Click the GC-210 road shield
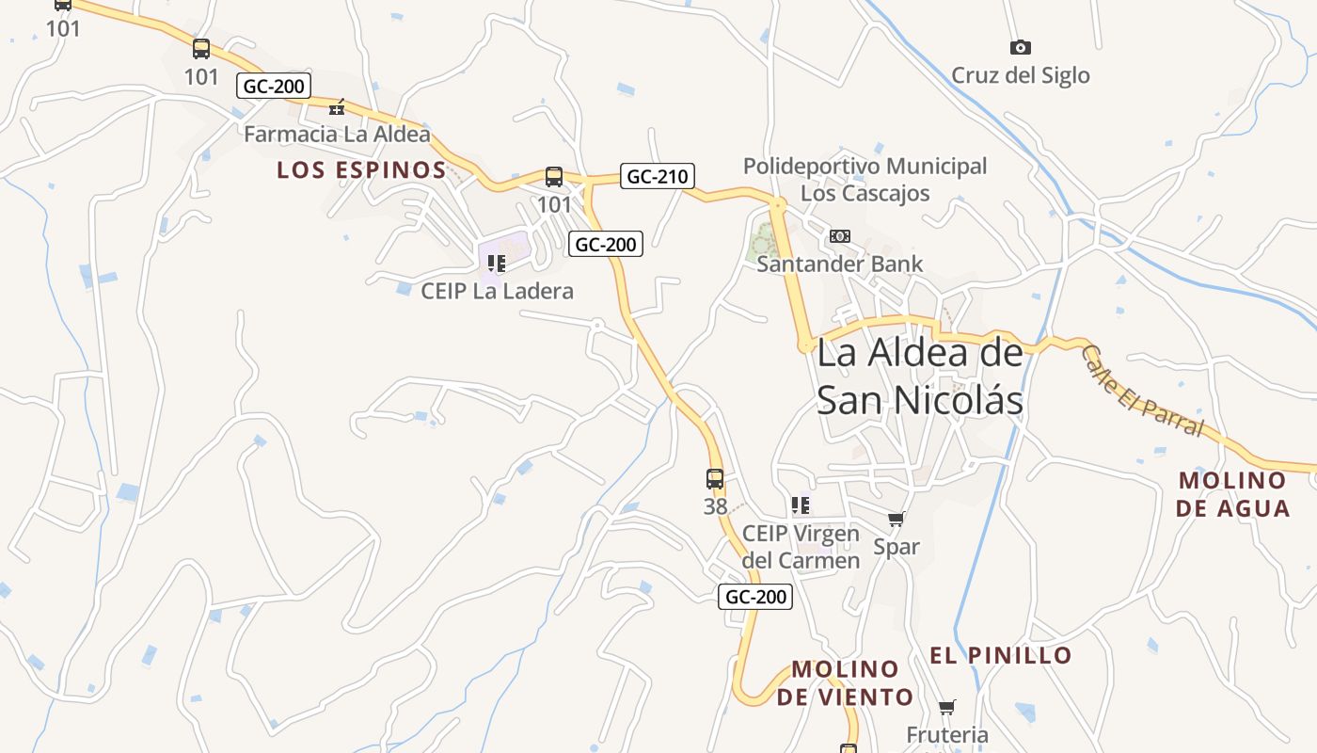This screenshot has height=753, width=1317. [658, 176]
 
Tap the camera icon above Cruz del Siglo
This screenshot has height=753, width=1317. [1020, 47]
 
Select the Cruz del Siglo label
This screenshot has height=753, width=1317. [1020, 75]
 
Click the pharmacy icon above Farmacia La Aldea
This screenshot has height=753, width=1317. [337, 107]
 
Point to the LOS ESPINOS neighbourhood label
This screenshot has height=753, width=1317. [361, 170]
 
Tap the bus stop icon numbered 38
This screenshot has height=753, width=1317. [715, 479]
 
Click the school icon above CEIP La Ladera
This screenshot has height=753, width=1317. [497, 264]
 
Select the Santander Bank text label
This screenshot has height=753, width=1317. [840, 264]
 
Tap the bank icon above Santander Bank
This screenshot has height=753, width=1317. [840, 236]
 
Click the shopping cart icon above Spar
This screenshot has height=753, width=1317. [897, 519]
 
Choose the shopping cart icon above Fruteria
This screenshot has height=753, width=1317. [947, 707]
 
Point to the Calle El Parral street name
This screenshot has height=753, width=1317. [1142, 391]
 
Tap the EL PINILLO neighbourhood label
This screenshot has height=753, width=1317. [1001, 655]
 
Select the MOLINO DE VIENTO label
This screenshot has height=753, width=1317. [845, 683]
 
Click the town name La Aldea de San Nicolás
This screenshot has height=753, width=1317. [919, 376]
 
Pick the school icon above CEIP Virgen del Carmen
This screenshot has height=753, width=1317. [801, 505]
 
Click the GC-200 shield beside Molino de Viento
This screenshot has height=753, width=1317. [755, 597]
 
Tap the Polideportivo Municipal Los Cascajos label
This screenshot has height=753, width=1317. [865, 180]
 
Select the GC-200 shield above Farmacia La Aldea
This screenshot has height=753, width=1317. [274, 86]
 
